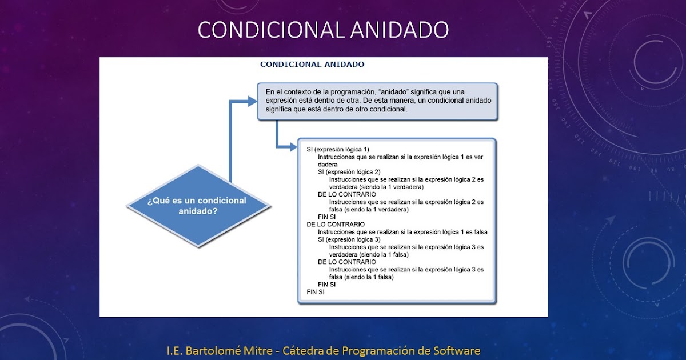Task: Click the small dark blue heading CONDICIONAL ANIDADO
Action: [312, 65]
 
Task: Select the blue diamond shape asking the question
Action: [197, 206]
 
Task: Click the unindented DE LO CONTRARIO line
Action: [336, 225]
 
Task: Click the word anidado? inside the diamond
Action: [197, 210]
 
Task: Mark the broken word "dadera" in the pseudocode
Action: [328, 165]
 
